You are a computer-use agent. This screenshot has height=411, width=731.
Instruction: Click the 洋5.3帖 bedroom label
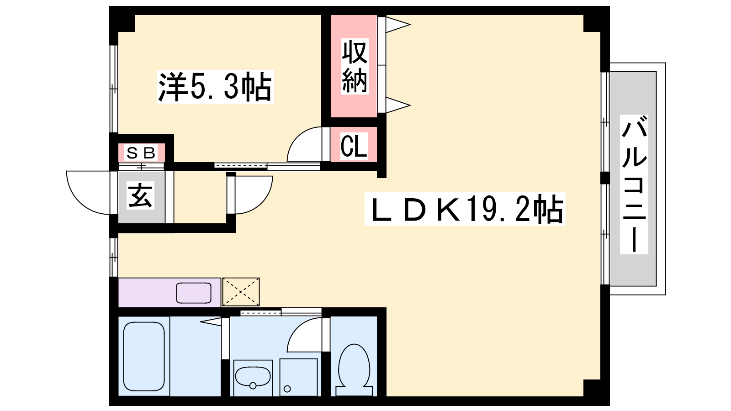215,87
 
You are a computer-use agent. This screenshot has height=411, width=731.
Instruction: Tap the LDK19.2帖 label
465,209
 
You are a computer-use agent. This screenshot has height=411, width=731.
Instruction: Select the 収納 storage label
355,66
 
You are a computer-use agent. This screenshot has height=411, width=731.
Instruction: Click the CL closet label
354,147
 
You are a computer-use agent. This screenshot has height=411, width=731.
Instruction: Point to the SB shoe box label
141,153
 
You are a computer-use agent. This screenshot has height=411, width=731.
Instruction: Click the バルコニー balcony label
634,185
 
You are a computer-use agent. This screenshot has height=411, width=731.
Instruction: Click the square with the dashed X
241,292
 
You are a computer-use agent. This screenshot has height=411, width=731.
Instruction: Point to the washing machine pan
298,377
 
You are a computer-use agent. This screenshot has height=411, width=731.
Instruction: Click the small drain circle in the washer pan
287,389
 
